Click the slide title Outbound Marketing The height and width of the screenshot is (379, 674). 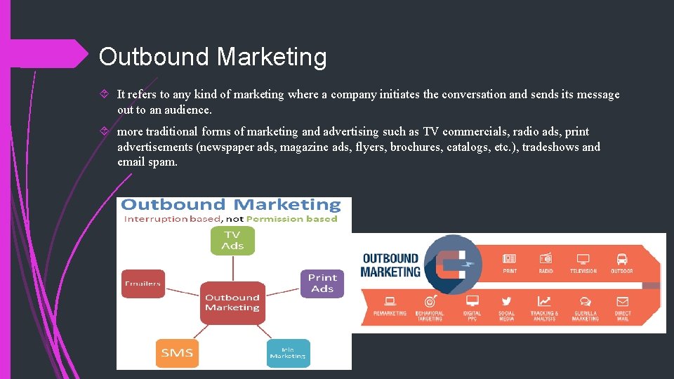pos(213,57)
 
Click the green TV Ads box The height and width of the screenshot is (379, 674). pos(232,240)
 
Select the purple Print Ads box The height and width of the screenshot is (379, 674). pos(322,283)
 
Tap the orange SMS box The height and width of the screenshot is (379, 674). pos(177,352)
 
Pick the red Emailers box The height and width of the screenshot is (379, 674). pos(143,284)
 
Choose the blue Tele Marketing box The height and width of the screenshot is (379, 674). pos(288,353)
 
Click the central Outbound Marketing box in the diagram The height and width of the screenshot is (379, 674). pos(232,302)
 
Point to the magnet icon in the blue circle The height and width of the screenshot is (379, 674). pos(454,264)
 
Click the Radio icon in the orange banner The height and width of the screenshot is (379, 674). pos(546,259)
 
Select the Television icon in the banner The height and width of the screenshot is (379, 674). pos(583,259)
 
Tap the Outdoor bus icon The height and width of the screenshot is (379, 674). pos(621,259)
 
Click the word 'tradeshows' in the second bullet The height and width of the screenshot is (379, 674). pos(551,147)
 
